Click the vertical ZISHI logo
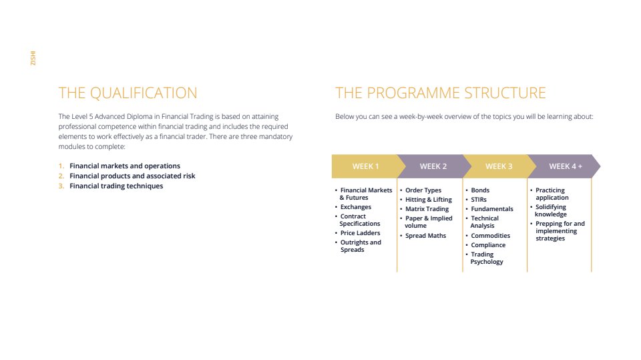pyautogui.click(x=33, y=58)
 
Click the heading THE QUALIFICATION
pyautogui.click(x=128, y=93)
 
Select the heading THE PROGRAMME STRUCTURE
pyautogui.click(x=440, y=93)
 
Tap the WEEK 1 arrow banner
pyautogui.click(x=365, y=166)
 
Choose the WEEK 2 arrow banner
pyautogui.click(x=433, y=166)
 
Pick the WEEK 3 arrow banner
pyautogui.click(x=499, y=166)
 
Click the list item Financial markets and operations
pyautogui.click(x=125, y=166)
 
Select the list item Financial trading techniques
pyautogui.click(x=116, y=186)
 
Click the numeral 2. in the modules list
pyautogui.click(x=61, y=176)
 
